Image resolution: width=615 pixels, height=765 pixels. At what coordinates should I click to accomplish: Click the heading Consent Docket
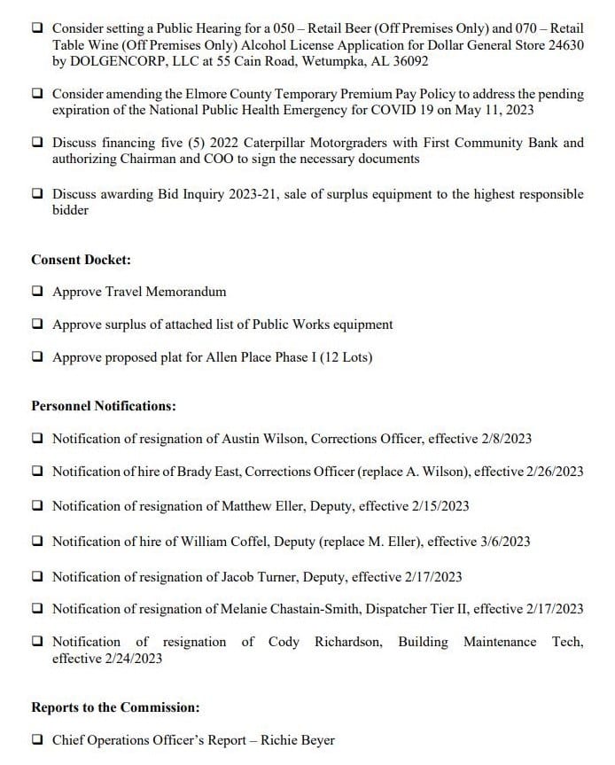click(82, 260)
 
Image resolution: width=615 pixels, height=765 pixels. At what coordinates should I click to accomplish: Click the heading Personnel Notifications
click(103, 406)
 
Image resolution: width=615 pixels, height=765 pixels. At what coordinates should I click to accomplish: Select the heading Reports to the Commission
click(115, 707)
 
